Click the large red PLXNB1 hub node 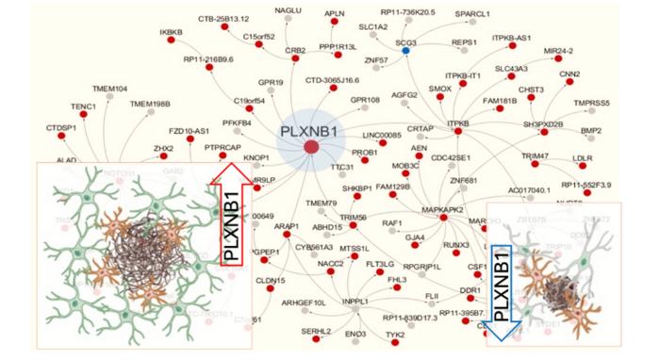click(310, 146)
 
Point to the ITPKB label click(458, 123)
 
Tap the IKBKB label click(171, 33)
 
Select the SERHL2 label click(317, 331)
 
